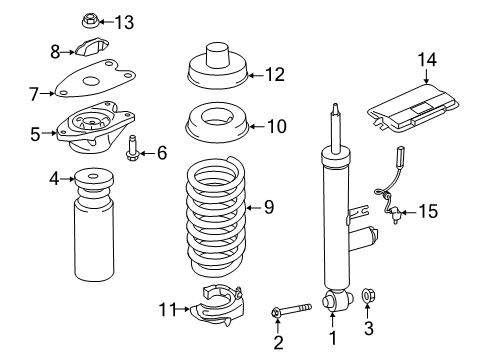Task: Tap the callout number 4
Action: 54,180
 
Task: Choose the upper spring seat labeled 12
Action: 218,68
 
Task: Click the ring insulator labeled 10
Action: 218,128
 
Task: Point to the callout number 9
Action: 268,207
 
